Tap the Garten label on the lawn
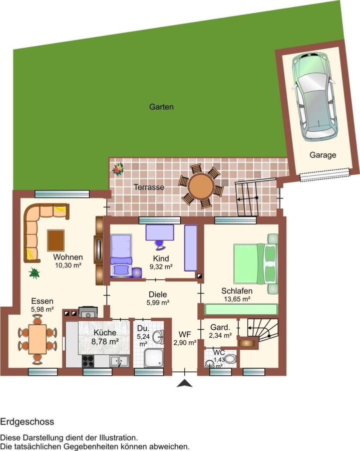[161, 107]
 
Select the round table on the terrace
[201, 186]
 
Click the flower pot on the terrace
[118, 169]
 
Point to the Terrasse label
[149, 187]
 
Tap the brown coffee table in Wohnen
[56, 241]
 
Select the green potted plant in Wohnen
[34, 273]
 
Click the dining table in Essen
[38, 339]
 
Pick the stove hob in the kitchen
[88, 361]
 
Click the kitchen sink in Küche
[120, 361]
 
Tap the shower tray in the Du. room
[154, 358]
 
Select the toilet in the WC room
[230, 359]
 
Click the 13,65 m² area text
[237, 299]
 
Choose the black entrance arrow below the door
[184, 383]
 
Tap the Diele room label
[158, 295]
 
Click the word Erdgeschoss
[27, 422]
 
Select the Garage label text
[322, 155]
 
